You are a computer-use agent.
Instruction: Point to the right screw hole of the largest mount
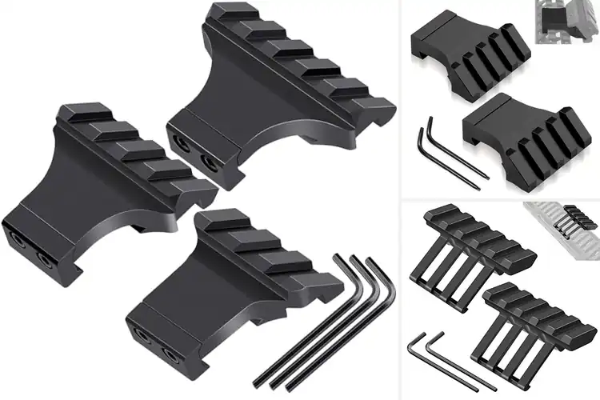[211, 162]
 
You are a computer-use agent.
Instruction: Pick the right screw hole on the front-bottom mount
[170, 352]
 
